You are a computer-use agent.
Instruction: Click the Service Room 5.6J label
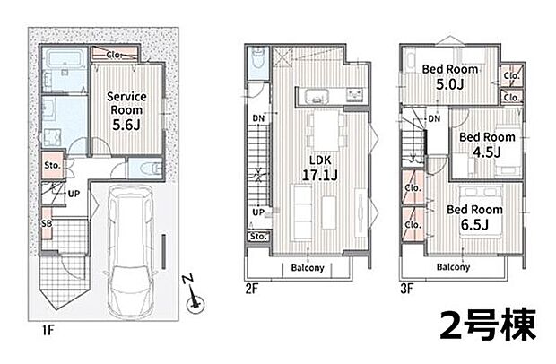point(126,110)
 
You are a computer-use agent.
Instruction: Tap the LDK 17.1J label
point(319,168)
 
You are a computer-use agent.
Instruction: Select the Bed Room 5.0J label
point(449,76)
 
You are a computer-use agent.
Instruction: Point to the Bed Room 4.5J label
point(487,144)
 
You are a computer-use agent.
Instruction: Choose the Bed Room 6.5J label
point(474,217)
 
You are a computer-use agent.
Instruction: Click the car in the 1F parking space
point(131,251)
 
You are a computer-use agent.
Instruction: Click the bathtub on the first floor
point(65,57)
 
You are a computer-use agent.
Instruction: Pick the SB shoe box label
point(47,223)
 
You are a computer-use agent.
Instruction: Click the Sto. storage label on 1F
point(53,165)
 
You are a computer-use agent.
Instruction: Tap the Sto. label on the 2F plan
point(257,237)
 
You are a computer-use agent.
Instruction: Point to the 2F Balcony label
point(308,267)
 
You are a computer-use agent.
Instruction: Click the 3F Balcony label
point(453,267)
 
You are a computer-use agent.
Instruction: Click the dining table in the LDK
point(326,130)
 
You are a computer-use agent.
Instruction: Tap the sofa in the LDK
point(301,212)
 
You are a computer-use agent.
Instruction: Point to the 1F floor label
point(48,331)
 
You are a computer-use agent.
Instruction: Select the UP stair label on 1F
point(74,194)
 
